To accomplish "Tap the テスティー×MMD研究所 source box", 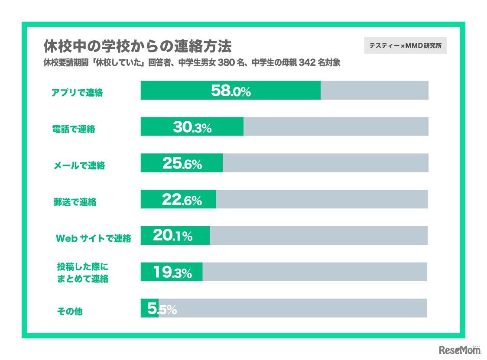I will point(405,45).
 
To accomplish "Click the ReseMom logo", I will point(458,350).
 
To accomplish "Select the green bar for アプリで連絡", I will point(231,91).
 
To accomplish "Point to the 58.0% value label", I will point(231,91).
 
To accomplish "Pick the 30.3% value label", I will point(192,127).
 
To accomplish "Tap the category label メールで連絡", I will point(79,165).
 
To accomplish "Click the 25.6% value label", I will point(182,163).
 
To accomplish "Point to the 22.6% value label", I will point(182,200).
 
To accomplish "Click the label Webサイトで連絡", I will point(93,238).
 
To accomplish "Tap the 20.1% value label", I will point(172,236).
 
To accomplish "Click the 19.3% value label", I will point(172,272).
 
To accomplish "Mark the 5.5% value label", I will point(162,309).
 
